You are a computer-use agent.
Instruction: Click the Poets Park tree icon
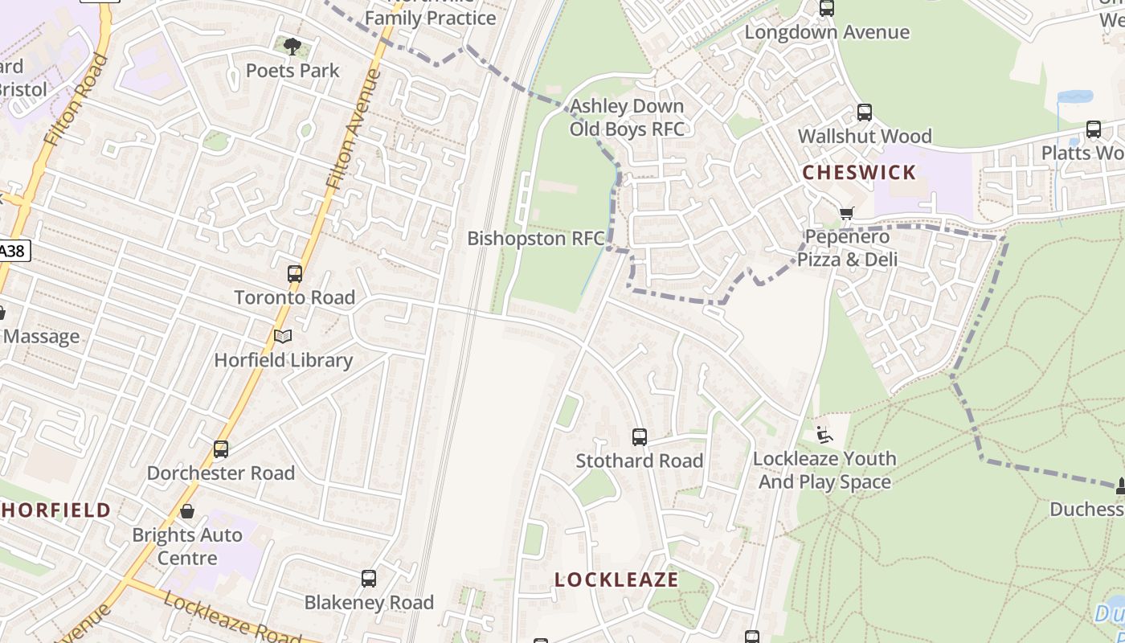click(292, 47)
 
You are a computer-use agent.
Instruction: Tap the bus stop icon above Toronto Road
click(295, 274)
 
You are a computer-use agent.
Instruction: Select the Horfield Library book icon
click(283, 337)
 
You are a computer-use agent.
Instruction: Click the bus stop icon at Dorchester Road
click(221, 449)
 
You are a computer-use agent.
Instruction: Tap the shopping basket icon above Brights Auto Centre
click(187, 511)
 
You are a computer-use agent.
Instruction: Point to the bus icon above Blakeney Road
click(369, 579)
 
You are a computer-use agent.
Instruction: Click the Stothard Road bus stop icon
click(640, 437)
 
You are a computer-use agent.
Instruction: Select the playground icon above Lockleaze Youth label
click(824, 435)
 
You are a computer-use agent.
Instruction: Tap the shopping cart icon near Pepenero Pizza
click(846, 213)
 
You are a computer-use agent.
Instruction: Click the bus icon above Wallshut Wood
click(865, 113)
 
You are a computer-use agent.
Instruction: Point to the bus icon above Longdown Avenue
click(827, 9)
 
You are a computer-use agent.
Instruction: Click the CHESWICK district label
click(859, 172)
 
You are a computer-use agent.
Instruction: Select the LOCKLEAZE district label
click(616, 580)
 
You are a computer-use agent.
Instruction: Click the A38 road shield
click(13, 251)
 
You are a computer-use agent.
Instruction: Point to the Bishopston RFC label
click(536, 239)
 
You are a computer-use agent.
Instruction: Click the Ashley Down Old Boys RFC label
click(627, 117)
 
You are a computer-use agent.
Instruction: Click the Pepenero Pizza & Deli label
click(848, 248)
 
